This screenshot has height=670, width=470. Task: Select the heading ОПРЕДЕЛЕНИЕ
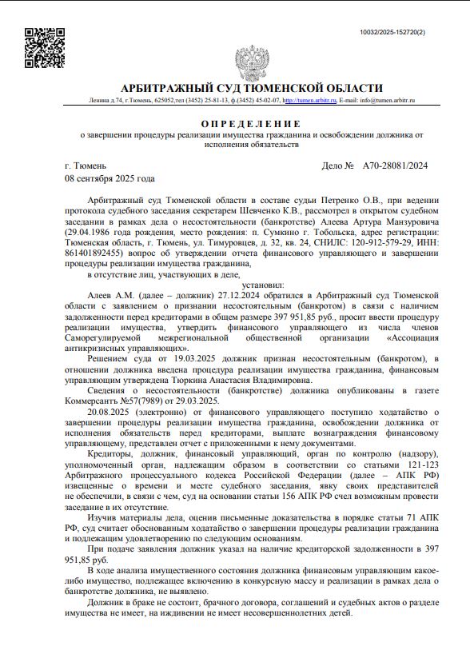(251, 124)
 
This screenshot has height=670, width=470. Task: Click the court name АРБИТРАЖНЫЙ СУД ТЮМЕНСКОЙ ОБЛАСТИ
(251, 89)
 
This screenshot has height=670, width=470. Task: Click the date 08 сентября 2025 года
(110, 178)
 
